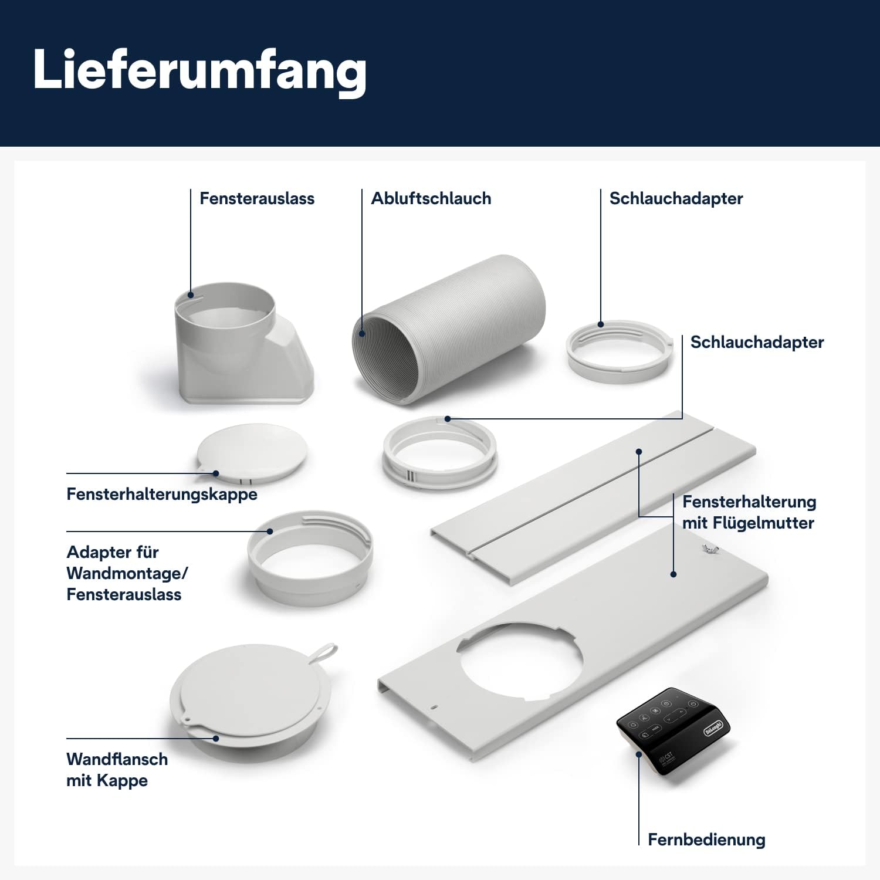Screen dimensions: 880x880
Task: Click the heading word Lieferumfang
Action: [x=199, y=70]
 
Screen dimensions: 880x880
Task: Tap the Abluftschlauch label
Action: [x=431, y=198]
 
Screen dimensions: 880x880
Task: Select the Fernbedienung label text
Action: [x=706, y=840]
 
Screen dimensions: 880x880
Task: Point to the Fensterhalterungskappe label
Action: [x=162, y=494]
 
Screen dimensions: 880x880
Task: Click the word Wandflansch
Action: [x=117, y=759]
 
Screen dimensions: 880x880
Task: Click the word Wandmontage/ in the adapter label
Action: [x=127, y=573]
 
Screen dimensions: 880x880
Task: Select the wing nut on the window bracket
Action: [x=710, y=549]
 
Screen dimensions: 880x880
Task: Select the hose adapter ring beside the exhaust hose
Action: [x=620, y=351]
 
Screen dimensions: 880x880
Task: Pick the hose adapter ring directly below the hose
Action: [x=440, y=452]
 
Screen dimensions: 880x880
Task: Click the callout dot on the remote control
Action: [x=639, y=754]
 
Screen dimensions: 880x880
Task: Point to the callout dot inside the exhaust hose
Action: [x=362, y=334]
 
